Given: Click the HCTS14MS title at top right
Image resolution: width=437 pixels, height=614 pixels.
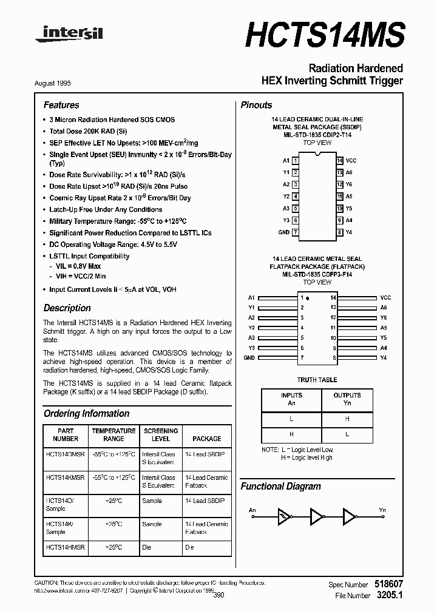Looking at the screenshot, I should point(325,35).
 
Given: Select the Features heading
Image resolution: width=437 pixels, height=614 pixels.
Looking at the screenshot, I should point(61,105).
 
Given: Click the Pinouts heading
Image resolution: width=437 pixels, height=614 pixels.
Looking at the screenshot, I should point(256,105).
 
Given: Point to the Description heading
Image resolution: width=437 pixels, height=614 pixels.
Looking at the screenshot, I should point(67,308).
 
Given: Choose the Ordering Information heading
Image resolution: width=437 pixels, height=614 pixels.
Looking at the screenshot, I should point(86,413).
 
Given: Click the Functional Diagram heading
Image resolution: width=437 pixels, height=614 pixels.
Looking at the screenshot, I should point(280,486).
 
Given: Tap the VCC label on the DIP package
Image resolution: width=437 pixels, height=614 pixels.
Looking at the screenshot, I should point(350,160).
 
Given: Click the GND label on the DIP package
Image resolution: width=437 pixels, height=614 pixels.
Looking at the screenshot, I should point(283,232).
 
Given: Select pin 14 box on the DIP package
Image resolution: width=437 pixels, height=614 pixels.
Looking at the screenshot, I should point(340,160).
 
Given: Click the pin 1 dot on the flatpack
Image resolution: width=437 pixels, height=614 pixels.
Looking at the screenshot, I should point(308,299).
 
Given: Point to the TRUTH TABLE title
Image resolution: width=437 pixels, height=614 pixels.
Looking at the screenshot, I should point(317,380).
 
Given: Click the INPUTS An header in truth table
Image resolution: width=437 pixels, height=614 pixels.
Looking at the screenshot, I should point(291,399).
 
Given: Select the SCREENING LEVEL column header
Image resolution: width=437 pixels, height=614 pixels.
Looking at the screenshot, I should point(160,434).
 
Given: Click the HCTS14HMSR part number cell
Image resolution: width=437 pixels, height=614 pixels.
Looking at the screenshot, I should point(65,547).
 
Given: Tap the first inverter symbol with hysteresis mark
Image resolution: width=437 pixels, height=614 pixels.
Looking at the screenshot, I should point(284,516).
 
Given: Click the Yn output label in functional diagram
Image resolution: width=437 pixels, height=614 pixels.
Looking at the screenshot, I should point(382,510).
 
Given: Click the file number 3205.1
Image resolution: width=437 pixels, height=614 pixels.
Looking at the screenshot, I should point(389,595).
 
